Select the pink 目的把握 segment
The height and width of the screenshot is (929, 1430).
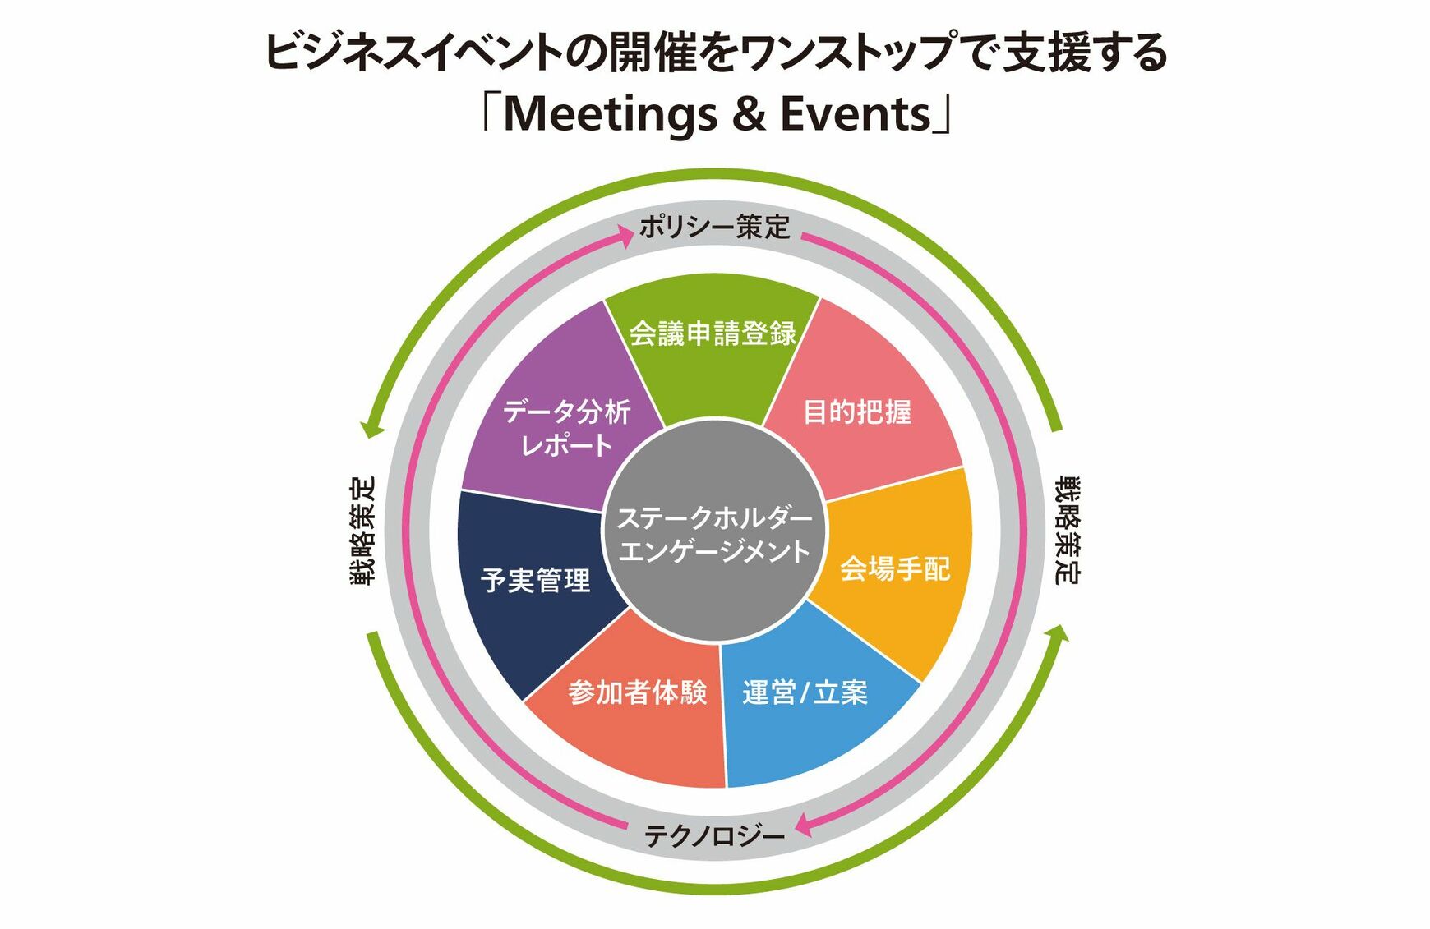point(859,411)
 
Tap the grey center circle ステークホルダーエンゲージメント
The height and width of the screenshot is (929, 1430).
point(714,534)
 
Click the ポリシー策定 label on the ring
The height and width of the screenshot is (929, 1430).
point(714,227)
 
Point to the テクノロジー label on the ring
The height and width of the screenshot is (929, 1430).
point(714,836)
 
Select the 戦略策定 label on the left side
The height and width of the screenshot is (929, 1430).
point(362,531)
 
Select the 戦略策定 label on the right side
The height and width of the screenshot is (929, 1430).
point(1068,531)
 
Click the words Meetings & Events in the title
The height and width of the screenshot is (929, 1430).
point(716,113)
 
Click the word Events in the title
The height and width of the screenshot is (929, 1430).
point(855,113)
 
